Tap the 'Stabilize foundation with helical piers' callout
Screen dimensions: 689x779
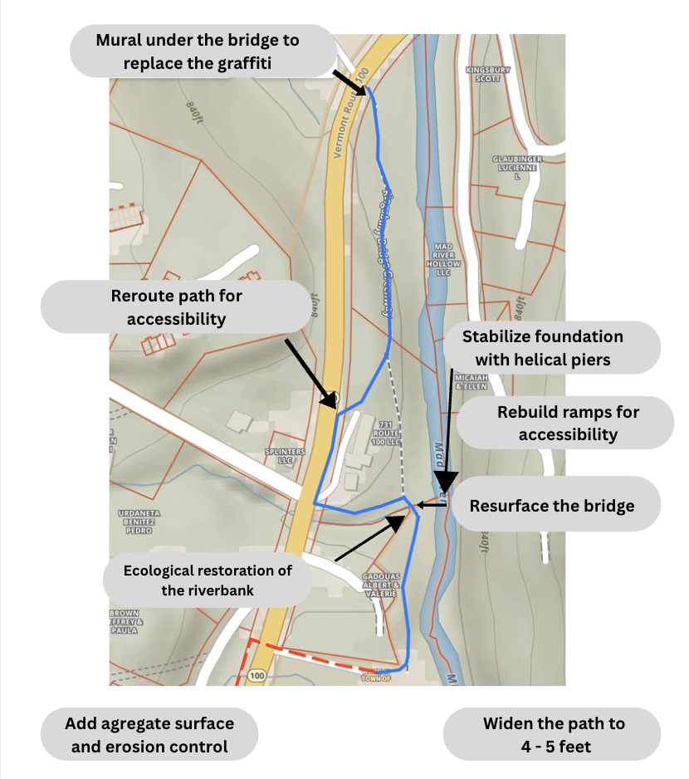tap(542, 348)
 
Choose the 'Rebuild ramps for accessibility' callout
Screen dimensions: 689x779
tap(568, 423)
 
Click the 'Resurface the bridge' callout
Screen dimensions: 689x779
tap(551, 505)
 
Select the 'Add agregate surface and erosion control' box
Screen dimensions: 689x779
tap(149, 735)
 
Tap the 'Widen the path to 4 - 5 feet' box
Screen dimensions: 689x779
tap(553, 735)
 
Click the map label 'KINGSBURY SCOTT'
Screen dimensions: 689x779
tap(483, 74)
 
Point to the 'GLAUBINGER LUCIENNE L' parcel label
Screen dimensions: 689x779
tap(516, 166)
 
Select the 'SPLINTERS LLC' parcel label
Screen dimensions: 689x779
tap(279, 455)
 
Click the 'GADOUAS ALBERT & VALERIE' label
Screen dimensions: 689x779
tap(381, 584)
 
